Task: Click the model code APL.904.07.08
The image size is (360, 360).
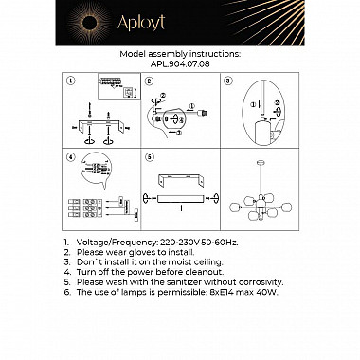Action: click(x=180, y=65)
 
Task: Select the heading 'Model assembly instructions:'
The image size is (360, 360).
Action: click(x=180, y=55)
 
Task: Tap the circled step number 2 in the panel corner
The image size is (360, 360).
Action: click(x=150, y=82)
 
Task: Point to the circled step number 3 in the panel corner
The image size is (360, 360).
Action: click(x=228, y=82)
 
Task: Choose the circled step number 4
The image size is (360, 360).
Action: click(x=70, y=157)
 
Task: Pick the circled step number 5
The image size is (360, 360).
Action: click(x=150, y=157)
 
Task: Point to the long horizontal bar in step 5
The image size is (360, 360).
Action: click(x=176, y=201)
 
